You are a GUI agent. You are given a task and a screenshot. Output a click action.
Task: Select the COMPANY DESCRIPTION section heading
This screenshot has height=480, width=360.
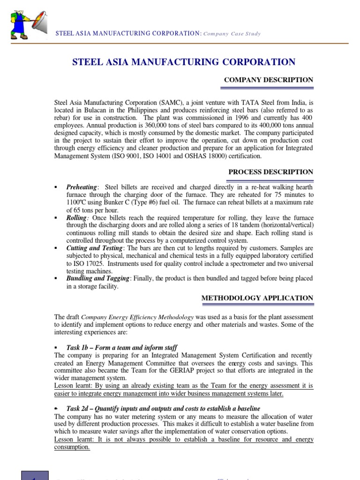click(x=269, y=80)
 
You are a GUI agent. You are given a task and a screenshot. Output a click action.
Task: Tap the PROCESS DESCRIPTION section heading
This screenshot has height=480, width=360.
click(x=270, y=172)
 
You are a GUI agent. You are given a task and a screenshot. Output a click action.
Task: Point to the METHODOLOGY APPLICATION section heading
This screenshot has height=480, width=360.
click(x=257, y=298)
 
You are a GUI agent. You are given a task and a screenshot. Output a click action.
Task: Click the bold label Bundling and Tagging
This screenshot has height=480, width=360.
click(x=97, y=278)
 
